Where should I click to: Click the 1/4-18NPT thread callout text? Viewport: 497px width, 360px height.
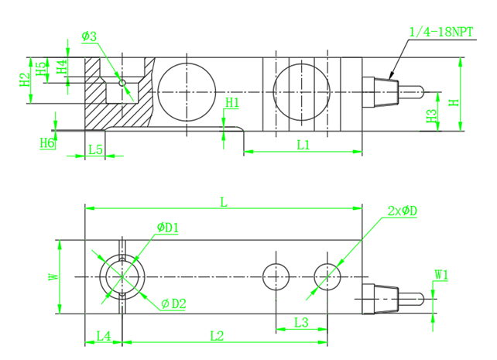click(441, 32)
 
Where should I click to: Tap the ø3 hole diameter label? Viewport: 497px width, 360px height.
click(89, 36)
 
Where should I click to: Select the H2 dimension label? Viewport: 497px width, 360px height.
click(25, 80)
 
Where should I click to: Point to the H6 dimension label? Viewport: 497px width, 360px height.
click(47, 143)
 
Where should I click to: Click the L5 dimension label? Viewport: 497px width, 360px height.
click(95, 149)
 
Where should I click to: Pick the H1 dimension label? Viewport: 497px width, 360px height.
click(232, 103)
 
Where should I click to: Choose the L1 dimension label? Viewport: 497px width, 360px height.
click(303, 145)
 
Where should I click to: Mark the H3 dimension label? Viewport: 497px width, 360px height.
click(432, 116)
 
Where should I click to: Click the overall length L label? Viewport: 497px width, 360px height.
click(224, 202)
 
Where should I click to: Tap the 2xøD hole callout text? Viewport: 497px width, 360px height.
click(403, 211)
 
